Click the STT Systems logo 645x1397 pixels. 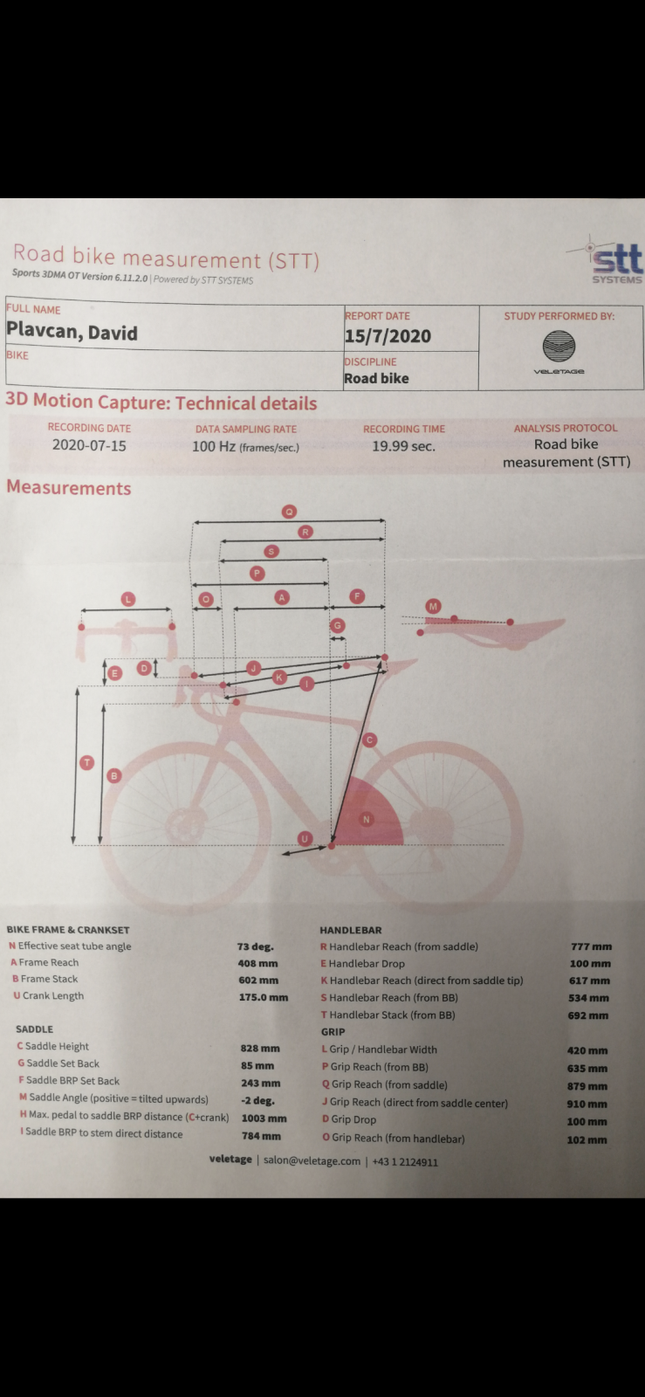click(x=607, y=261)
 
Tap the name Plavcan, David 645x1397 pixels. click(x=72, y=331)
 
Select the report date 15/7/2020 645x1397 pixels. click(x=388, y=336)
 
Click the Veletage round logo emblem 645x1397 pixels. click(x=559, y=346)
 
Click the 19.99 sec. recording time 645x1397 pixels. click(x=404, y=446)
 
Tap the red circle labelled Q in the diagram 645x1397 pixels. click(x=289, y=512)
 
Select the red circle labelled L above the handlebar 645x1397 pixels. click(x=127, y=599)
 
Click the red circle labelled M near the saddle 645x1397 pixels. click(x=433, y=606)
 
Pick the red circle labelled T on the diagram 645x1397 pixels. click(x=87, y=762)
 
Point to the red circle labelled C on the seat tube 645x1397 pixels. click(x=369, y=740)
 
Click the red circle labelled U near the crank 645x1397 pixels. click(x=304, y=838)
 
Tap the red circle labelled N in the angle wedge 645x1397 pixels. click(x=367, y=819)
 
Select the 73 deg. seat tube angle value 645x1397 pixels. click(x=255, y=946)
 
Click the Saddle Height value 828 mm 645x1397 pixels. click(x=260, y=1049)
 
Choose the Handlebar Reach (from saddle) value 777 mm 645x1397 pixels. click(x=592, y=946)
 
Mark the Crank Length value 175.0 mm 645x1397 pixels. click(x=264, y=997)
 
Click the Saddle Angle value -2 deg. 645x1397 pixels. click(x=258, y=1101)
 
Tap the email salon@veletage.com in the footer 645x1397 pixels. click(x=312, y=1160)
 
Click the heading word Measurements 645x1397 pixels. click(x=69, y=488)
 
